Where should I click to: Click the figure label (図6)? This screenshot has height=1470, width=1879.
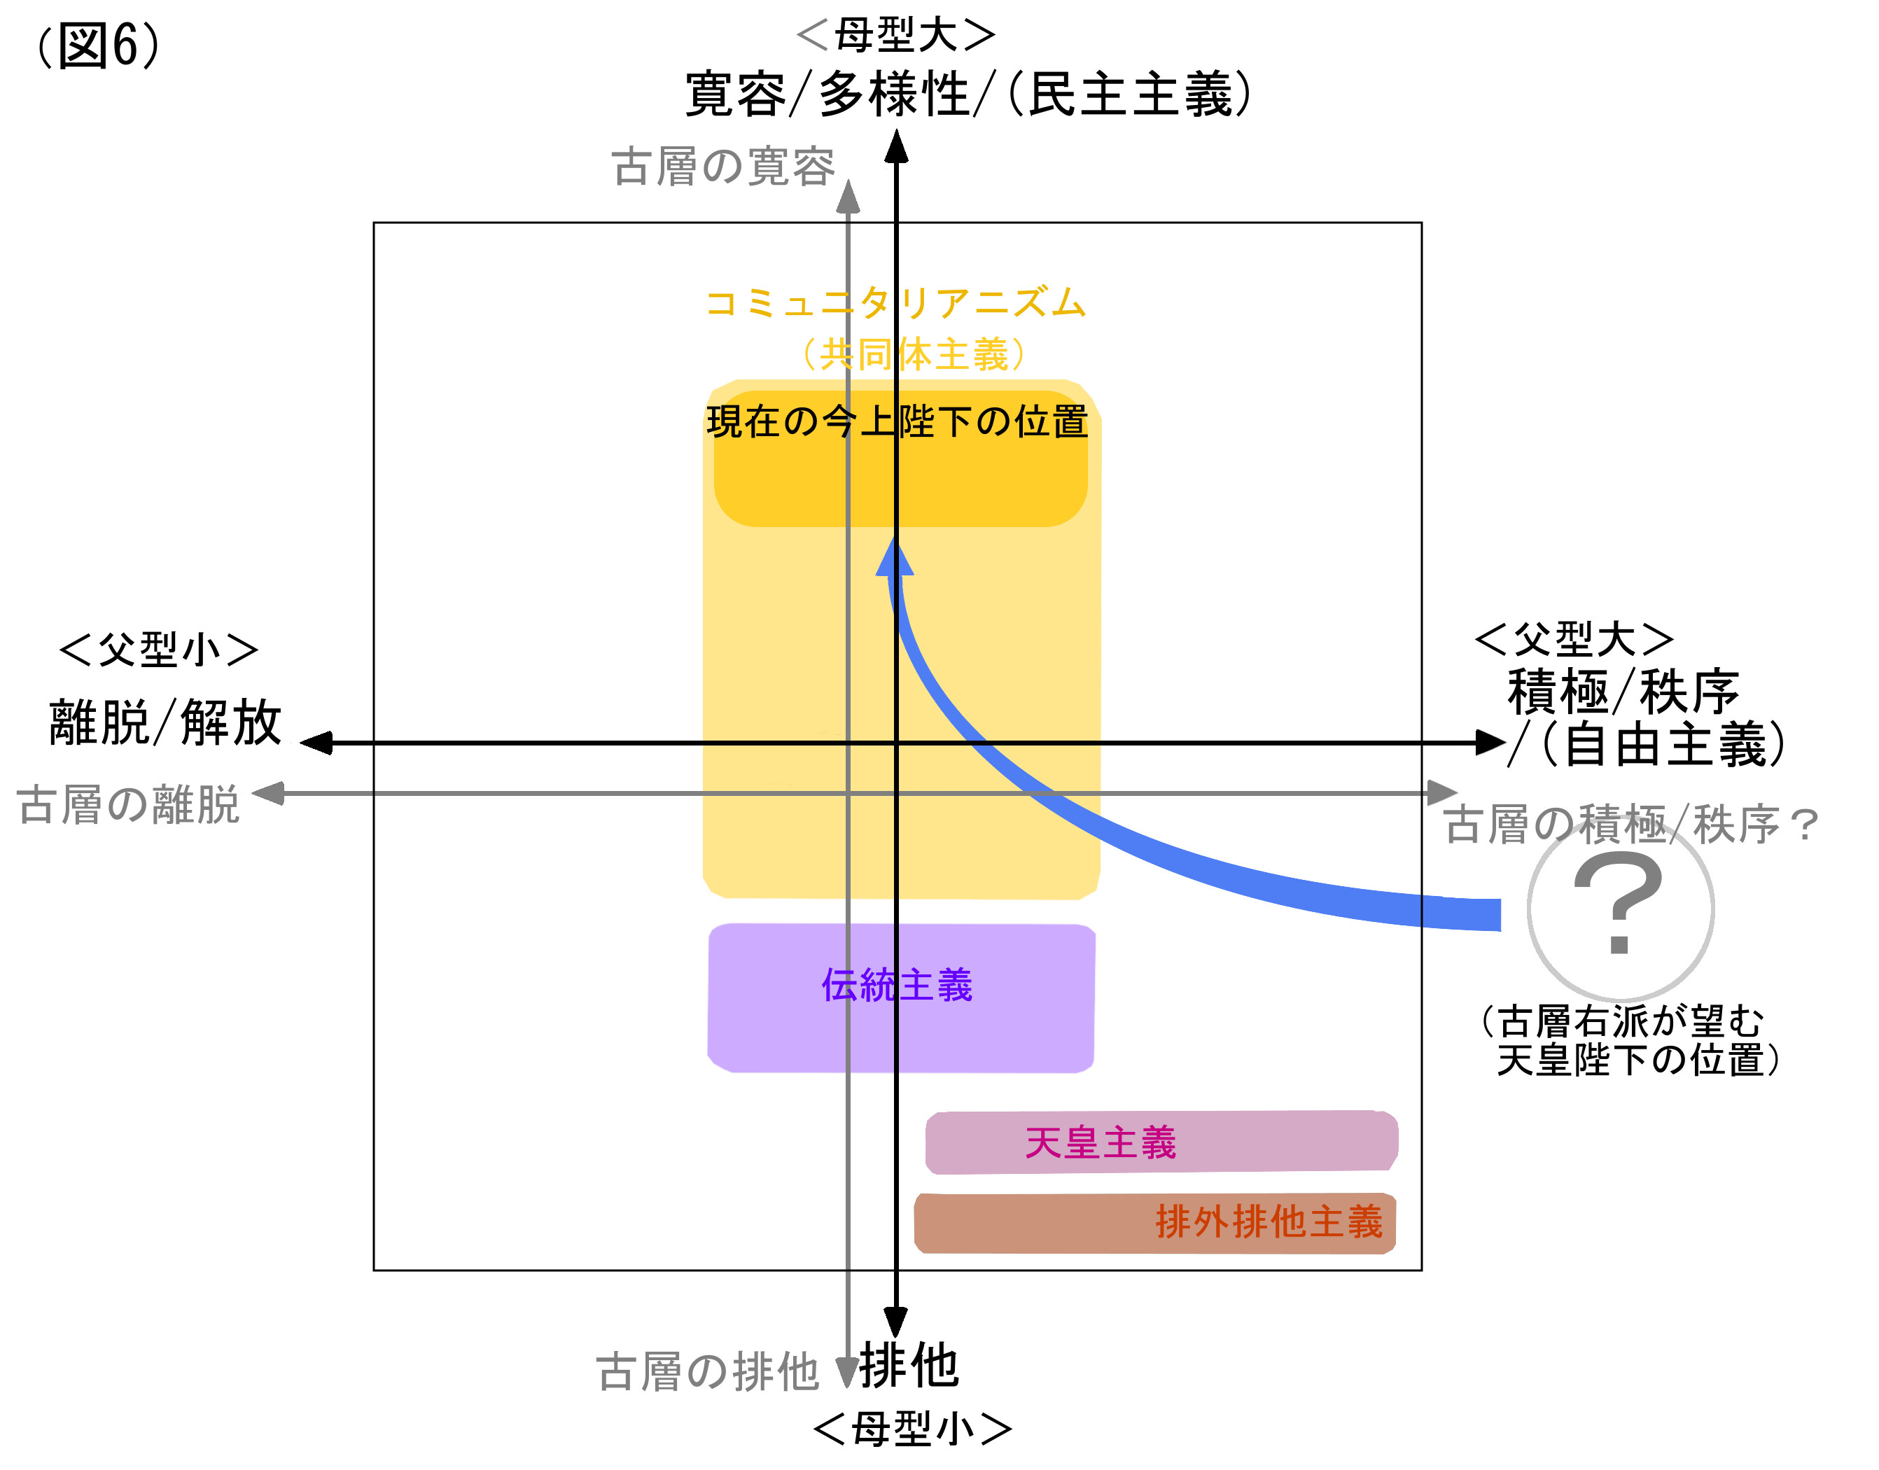click(x=98, y=45)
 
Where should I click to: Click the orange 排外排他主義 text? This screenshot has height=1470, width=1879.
click(x=1268, y=1222)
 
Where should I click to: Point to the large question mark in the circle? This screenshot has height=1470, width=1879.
click(x=1617, y=903)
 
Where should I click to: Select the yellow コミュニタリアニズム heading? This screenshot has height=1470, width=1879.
click(x=895, y=303)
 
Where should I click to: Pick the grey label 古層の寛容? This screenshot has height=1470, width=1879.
click(x=723, y=167)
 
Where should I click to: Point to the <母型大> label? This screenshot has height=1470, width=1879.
click(x=895, y=35)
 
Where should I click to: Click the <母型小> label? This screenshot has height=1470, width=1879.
click(x=911, y=1429)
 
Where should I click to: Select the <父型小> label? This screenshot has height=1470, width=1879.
click(x=158, y=650)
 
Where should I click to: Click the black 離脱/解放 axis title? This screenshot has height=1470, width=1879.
click(x=165, y=722)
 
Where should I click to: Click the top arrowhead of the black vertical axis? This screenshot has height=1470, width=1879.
click(x=896, y=146)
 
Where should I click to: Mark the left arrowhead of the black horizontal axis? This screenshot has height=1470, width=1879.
click(x=316, y=743)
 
